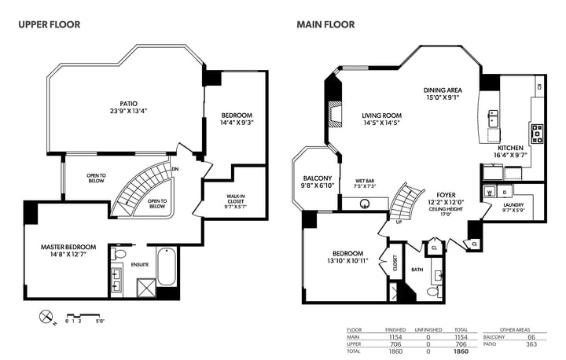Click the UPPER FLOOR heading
(x=50, y=24)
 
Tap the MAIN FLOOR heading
(x=325, y=24)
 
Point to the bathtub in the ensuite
(x=167, y=266)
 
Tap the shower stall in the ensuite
(x=146, y=288)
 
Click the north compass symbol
(x=46, y=317)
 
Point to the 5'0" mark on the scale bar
(x=100, y=321)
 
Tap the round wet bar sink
(x=366, y=204)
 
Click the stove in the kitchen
(x=537, y=134)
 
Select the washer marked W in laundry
(x=490, y=191)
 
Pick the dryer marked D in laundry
(x=505, y=191)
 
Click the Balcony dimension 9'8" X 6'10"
(x=318, y=186)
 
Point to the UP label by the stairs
(x=399, y=222)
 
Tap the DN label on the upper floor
(x=175, y=169)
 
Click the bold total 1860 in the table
(x=461, y=351)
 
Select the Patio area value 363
(x=531, y=344)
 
